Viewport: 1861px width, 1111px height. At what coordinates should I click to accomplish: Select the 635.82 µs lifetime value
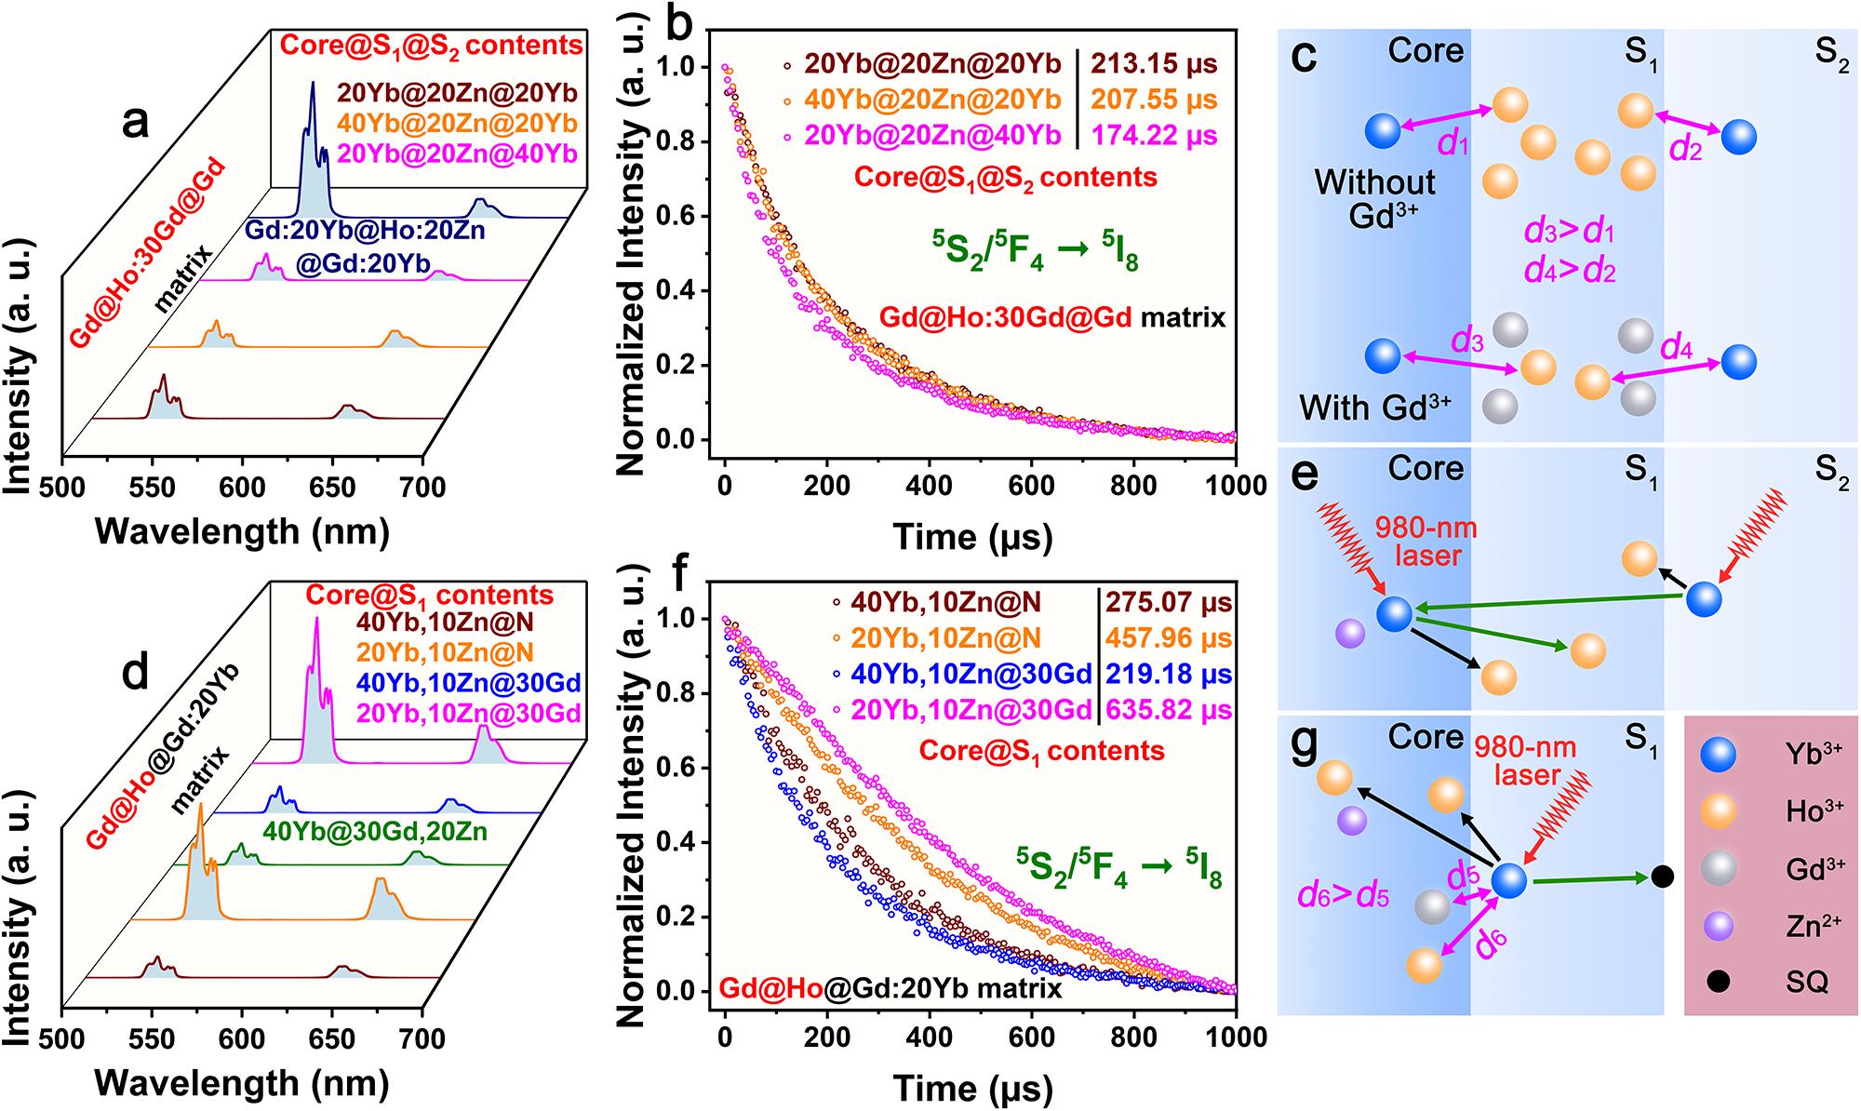(1168, 710)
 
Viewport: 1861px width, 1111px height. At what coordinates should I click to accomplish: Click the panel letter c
(1305, 58)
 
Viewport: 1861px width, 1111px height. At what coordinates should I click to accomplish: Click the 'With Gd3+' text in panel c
(1374, 408)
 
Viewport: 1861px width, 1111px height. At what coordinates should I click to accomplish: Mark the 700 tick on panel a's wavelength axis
(423, 487)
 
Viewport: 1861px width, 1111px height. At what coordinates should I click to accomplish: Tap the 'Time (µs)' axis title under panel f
(973, 1088)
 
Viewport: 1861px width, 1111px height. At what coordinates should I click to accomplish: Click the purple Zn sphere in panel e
(1349, 635)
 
